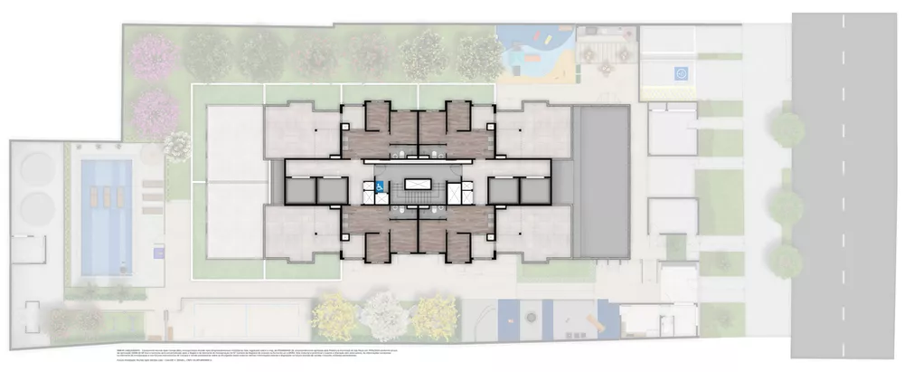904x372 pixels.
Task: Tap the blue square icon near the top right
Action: [680, 72]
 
